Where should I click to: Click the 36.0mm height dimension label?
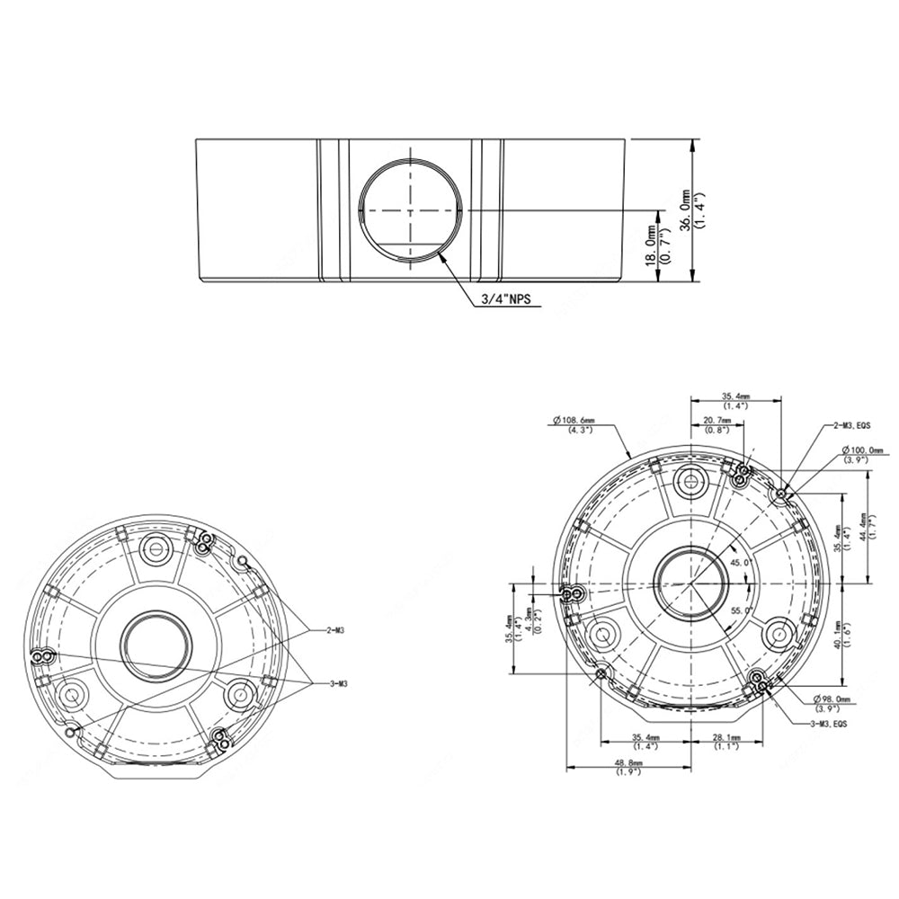686,211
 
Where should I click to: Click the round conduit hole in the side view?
411,208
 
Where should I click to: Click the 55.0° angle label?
742,610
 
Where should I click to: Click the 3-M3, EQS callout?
828,723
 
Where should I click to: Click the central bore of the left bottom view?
154,644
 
